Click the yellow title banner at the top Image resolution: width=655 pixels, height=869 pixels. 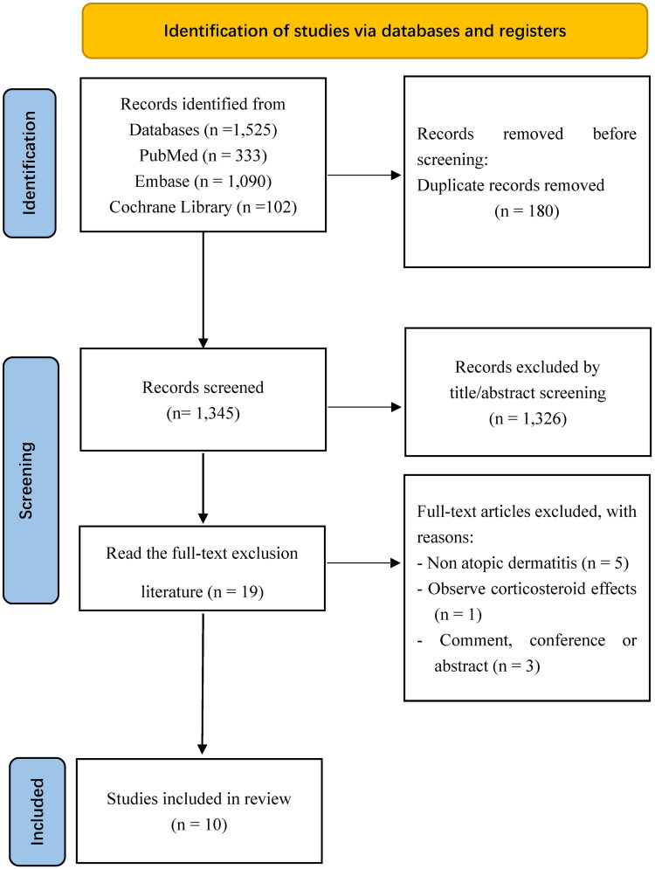[365, 31]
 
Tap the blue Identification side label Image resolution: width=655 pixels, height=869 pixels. [30, 163]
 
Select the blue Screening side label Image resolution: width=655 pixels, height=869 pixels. [31, 480]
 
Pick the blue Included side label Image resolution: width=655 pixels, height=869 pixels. [38, 811]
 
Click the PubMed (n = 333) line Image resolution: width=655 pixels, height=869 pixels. [203, 155]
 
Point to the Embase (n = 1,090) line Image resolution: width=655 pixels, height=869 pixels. [203, 182]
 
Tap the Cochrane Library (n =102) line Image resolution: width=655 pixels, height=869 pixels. [203, 207]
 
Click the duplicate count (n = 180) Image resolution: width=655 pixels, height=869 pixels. [527, 210]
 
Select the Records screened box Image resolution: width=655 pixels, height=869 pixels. [203, 400]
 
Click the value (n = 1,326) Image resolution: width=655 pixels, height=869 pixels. [527, 418]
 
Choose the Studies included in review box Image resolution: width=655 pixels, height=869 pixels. [199, 810]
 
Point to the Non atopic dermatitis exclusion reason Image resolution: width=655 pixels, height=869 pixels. [522, 563]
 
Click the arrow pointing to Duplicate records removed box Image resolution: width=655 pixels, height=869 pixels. [364, 176]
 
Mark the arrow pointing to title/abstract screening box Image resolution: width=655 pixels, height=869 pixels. [364, 407]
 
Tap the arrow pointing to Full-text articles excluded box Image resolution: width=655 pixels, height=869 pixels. [363, 563]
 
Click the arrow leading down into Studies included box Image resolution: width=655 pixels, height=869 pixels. [203, 683]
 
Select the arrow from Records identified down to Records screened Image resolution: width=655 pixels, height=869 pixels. [203, 290]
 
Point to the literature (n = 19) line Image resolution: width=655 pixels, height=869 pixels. [203, 592]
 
